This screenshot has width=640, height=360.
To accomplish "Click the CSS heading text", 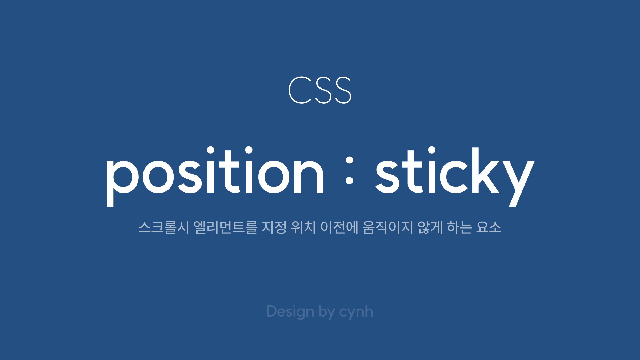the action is (x=320, y=90).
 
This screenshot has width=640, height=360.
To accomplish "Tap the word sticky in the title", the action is (x=455, y=177).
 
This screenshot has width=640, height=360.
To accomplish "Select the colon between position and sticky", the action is (x=349, y=170).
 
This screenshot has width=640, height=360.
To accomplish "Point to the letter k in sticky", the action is (x=485, y=170).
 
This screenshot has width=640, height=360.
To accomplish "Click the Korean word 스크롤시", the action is (x=164, y=227).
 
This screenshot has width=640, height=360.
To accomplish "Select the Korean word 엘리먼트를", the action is (x=225, y=227).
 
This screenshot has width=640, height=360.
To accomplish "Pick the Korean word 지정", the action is (x=274, y=227).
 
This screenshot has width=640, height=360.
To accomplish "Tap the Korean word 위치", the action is (x=303, y=227).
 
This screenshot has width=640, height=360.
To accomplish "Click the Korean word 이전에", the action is (x=339, y=227).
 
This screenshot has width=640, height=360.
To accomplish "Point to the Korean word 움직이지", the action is (x=388, y=227).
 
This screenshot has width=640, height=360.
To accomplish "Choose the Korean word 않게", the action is (x=430, y=227).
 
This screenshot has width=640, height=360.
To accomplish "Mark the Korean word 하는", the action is (x=459, y=227).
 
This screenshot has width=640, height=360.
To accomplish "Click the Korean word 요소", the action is (x=489, y=227).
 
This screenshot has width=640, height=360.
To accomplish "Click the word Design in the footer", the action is (x=290, y=312).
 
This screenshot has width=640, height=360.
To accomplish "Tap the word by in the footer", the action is (x=327, y=312).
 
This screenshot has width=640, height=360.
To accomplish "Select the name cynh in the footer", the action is (x=356, y=312).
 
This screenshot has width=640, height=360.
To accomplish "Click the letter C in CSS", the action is (x=300, y=90).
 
